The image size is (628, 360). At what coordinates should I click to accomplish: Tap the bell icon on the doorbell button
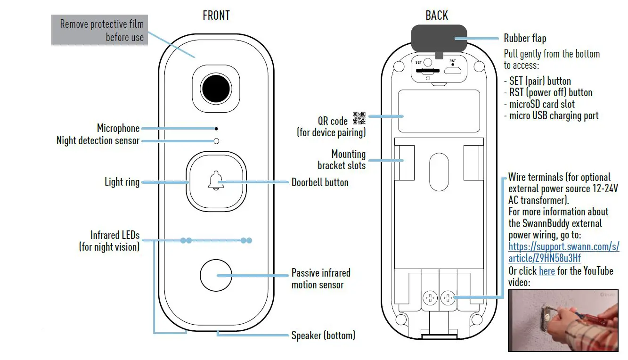(x=215, y=181)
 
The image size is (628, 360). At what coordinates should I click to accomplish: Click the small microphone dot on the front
(x=216, y=128)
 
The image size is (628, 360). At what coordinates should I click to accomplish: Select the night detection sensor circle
(x=216, y=141)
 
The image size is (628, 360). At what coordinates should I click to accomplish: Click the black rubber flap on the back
(x=439, y=39)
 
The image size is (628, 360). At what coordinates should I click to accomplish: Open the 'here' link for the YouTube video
(x=546, y=271)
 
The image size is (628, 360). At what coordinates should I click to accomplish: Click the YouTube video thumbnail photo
(x=563, y=320)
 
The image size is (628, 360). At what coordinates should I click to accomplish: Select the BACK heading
(x=437, y=16)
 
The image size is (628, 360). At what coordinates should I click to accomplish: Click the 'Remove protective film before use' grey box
(x=100, y=31)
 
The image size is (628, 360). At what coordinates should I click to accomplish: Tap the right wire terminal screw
(x=447, y=297)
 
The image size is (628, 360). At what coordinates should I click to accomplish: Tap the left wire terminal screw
(x=430, y=297)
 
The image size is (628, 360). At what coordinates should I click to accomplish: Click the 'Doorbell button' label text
(x=320, y=182)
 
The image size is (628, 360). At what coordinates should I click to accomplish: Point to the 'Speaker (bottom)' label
(x=323, y=335)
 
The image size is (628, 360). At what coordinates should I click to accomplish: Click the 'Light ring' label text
(x=122, y=182)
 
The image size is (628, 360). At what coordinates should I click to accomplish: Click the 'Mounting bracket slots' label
(x=342, y=160)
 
